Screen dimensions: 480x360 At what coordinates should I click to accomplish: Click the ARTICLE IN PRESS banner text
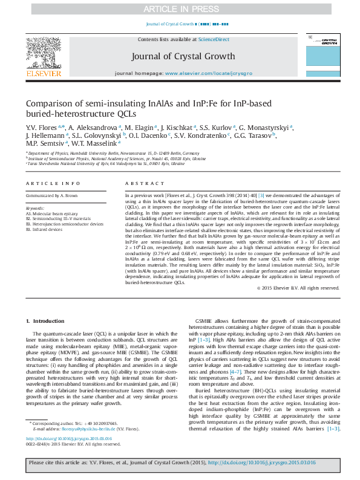click(180, 9)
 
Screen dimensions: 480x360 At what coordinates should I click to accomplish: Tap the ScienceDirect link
click(214, 39)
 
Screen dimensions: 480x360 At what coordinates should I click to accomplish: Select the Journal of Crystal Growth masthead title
click(182, 56)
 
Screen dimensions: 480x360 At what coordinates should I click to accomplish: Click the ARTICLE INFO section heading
click(53, 183)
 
